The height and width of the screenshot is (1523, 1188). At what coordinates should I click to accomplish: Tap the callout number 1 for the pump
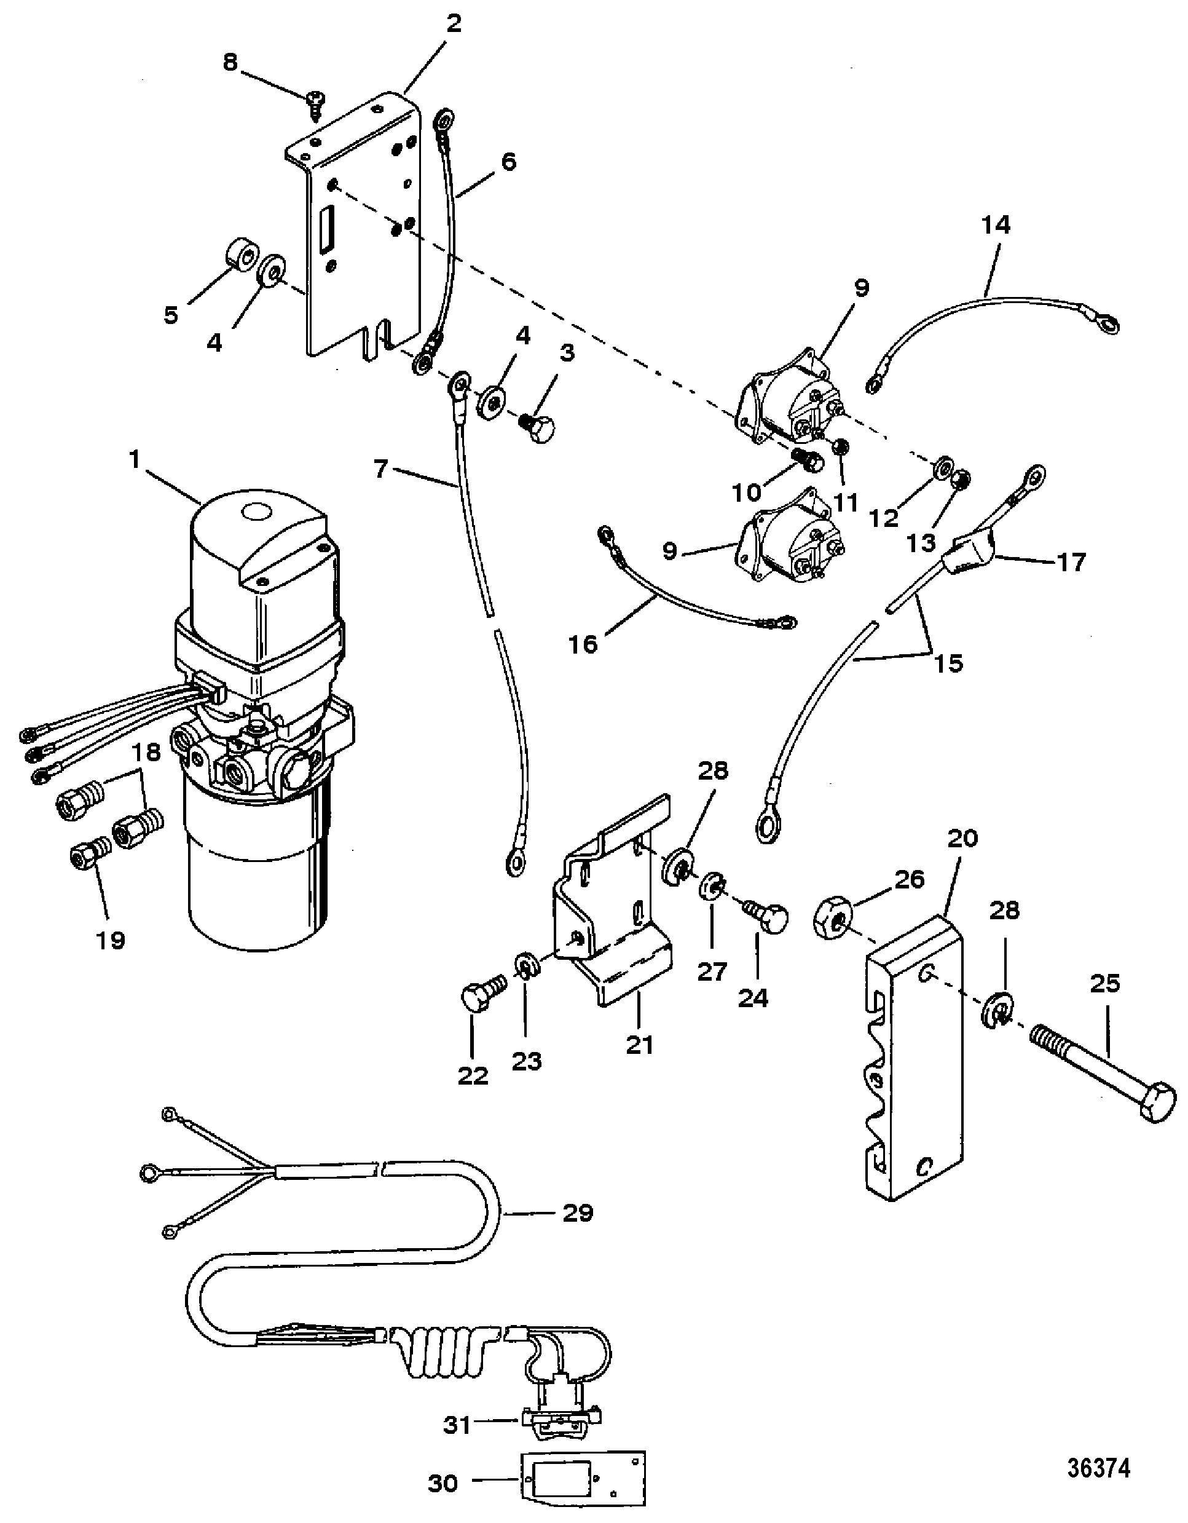tap(134, 459)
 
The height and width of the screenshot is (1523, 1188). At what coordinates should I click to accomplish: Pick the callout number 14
tap(995, 226)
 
